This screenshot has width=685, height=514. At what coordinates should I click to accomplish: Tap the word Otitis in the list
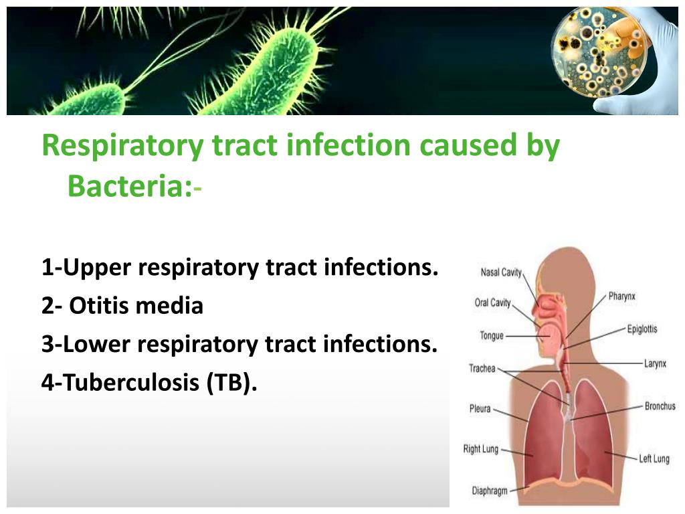[101, 305]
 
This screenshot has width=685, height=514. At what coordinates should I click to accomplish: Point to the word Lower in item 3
[97, 344]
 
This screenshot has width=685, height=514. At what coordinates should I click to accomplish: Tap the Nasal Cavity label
[501, 272]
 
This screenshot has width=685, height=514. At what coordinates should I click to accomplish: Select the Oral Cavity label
[493, 303]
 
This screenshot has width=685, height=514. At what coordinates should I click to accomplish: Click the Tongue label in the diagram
[492, 336]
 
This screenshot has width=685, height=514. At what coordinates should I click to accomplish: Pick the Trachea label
[482, 369]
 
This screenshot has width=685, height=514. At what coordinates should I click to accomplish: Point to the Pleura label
[480, 409]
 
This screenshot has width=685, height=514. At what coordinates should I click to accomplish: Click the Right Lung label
[481, 449]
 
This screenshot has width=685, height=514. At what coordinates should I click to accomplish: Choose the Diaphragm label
[490, 491]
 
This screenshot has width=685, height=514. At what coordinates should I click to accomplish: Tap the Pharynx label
[622, 296]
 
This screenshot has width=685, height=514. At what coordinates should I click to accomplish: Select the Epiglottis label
[642, 329]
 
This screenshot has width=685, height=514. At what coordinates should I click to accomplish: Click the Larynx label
[656, 363]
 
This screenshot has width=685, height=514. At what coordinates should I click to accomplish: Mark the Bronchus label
[660, 406]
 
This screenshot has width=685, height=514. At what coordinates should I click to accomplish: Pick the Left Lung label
[654, 458]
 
